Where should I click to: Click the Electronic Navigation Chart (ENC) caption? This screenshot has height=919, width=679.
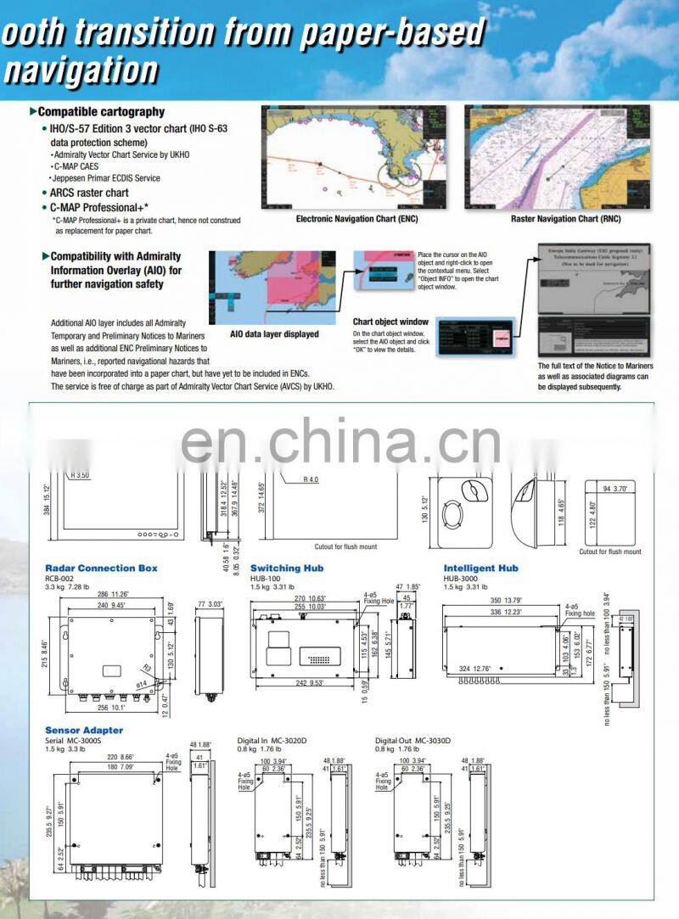[x=356, y=219]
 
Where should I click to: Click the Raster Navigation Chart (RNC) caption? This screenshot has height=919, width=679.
[x=565, y=219]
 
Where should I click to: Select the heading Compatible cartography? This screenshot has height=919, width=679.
[x=101, y=112]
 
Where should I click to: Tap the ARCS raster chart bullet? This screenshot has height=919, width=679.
[x=89, y=193]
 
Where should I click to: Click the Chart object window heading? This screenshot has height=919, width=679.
[x=390, y=322]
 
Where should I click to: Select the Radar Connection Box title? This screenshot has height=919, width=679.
[x=101, y=568]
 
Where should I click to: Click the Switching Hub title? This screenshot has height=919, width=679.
[x=286, y=568]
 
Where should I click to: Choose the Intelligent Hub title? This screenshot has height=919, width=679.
[x=480, y=568]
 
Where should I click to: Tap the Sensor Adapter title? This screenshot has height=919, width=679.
[x=84, y=730]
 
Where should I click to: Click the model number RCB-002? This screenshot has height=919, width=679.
[x=61, y=577]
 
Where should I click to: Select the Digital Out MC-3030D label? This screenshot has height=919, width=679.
[x=413, y=741]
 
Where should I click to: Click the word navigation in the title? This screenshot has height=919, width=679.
[x=81, y=68]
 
